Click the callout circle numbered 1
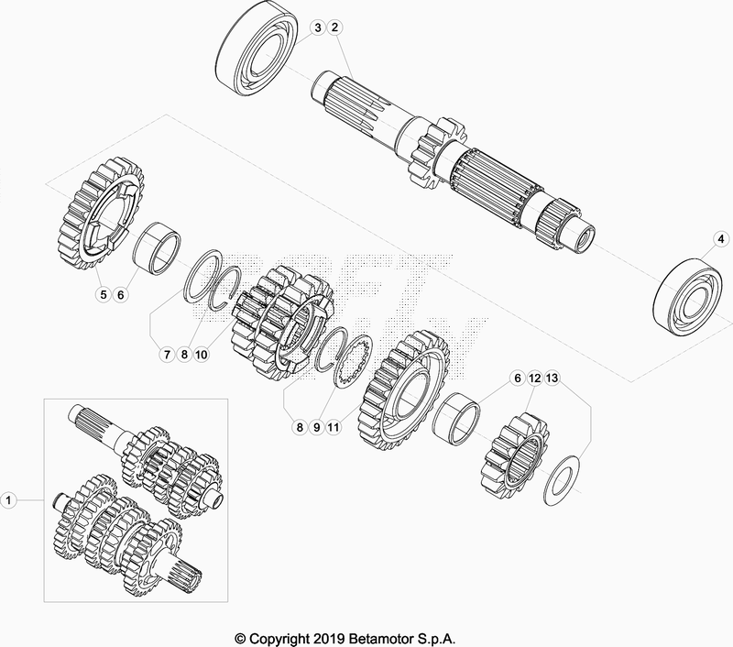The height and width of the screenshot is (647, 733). (8, 500)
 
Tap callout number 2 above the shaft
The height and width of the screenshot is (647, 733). (334, 27)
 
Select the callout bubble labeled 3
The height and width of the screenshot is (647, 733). (318, 27)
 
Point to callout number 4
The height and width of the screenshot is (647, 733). (721, 239)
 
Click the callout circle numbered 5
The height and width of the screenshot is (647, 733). (104, 294)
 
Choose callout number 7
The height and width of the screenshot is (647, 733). (167, 355)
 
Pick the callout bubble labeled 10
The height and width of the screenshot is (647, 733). (201, 355)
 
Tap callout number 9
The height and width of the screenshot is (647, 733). (316, 427)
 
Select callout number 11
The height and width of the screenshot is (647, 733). (334, 427)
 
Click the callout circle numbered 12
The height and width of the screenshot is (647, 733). (535, 378)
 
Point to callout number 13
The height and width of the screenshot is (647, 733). (552, 378)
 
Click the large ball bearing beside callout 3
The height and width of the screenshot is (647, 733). (257, 49)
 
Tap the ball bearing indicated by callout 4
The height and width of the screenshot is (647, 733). (686, 296)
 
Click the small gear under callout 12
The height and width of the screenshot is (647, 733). (515, 456)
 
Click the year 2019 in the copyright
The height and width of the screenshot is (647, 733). (330, 639)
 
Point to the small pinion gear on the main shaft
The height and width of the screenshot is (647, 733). (437, 151)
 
